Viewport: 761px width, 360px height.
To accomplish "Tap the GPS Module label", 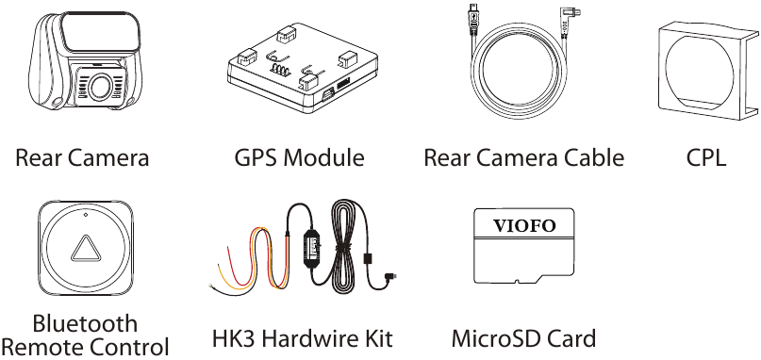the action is coord(300,157).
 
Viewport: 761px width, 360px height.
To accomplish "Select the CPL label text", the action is coord(706,157).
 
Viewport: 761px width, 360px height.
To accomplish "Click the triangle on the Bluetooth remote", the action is coord(85,250).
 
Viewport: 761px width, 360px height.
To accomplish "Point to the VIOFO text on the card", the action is coord(524,225).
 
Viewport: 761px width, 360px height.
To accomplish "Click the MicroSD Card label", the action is coord(523,338).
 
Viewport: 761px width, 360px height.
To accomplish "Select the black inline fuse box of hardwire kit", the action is coord(313,248).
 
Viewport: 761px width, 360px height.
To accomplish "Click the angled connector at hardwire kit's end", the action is coord(390,276).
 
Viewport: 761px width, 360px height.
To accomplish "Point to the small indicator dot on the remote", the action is coord(86,215).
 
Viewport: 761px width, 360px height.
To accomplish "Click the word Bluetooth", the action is coord(85,323).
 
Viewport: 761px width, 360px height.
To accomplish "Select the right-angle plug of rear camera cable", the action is coord(569,13).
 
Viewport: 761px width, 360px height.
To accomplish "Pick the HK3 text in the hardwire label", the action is coord(239,338).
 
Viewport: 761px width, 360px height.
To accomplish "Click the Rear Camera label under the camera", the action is coord(82,157).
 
